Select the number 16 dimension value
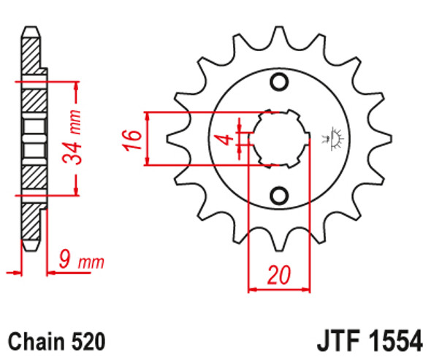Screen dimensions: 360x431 click(x=132, y=139)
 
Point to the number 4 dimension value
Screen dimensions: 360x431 click(x=227, y=138)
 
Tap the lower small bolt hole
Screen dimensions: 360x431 click(x=279, y=196)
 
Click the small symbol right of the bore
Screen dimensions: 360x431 click(x=337, y=137)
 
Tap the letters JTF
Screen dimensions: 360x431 click(x=340, y=341)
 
